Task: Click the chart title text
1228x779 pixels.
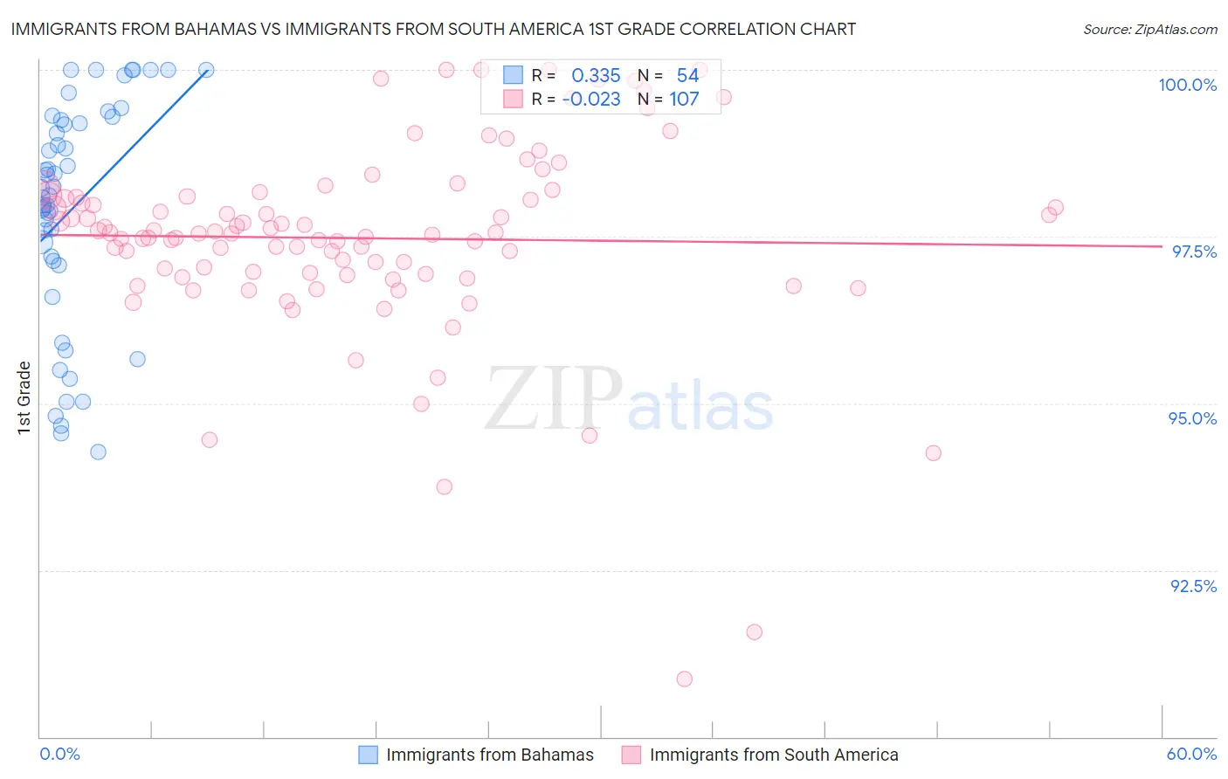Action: pyautogui.click(x=433, y=29)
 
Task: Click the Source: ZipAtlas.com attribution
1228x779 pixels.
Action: pyautogui.click(x=1149, y=29)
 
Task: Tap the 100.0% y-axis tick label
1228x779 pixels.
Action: pyautogui.click(x=1187, y=85)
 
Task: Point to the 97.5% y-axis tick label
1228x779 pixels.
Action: pyautogui.click(x=1194, y=252)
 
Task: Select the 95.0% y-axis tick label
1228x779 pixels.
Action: pyautogui.click(x=1192, y=418)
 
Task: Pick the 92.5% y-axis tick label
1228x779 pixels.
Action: pyautogui.click(x=1193, y=586)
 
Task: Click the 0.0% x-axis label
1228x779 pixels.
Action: pyautogui.click(x=59, y=754)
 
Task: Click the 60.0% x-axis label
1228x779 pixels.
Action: pyautogui.click(x=1191, y=754)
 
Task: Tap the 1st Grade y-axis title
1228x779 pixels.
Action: pyautogui.click(x=24, y=397)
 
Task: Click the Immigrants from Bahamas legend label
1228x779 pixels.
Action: pyautogui.click(x=489, y=755)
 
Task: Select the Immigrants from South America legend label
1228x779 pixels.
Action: pyautogui.click(x=773, y=755)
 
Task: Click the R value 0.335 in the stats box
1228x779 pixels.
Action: pyautogui.click(x=596, y=76)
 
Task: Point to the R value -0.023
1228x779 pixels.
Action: pyautogui.click(x=591, y=100)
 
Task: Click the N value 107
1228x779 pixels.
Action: pyautogui.click(x=684, y=100)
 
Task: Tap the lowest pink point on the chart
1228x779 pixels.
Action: pyautogui.click(x=685, y=679)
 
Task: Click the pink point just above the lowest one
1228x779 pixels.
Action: pyautogui.click(x=755, y=632)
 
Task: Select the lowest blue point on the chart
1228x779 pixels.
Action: pyautogui.click(x=98, y=452)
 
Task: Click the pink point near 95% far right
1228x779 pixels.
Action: pyautogui.click(x=934, y=453)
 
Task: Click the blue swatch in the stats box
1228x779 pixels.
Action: pyautogui.click(x=513, y=76)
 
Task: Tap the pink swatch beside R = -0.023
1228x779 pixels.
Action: pyautogui.click(x=513, y=100)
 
